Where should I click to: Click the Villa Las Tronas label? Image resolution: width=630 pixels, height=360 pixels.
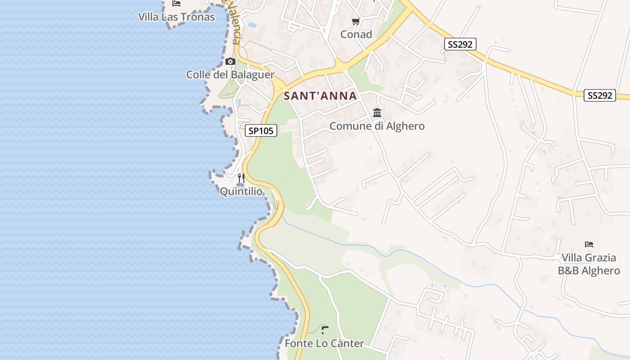pos(176,17)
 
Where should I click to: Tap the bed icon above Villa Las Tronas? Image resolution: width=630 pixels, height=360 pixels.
pos(176,4)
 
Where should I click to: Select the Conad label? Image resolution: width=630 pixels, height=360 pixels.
pos(356,34)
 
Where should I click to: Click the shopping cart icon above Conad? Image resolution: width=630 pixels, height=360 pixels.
pos(356,21)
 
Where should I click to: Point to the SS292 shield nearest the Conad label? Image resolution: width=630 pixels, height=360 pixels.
pos(460,44)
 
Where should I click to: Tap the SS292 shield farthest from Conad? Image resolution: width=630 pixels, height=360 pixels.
pos(599,95)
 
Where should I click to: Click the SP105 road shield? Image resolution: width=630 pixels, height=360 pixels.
pos(261,131)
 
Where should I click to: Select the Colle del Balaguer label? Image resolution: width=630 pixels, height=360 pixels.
pos(230,75)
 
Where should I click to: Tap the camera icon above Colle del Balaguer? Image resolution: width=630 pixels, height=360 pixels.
pos(230,61)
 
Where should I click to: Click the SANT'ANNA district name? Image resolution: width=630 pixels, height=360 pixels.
pos(320,96)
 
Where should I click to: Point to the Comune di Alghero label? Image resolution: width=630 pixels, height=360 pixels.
pos(377,126)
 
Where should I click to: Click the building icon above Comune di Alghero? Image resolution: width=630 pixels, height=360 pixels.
pos(377,112)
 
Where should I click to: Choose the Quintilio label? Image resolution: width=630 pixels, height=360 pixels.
pos(241,192)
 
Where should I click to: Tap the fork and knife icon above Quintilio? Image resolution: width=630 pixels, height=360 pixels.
pos(241,178)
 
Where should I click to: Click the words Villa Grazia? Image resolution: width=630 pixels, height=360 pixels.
pos(589,258)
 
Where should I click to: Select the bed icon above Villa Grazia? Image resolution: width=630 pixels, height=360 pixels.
pos(589,244)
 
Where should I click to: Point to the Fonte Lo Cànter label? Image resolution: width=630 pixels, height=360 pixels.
pos(324,344)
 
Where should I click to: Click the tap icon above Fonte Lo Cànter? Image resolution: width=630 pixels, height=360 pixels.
pos(325,330)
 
